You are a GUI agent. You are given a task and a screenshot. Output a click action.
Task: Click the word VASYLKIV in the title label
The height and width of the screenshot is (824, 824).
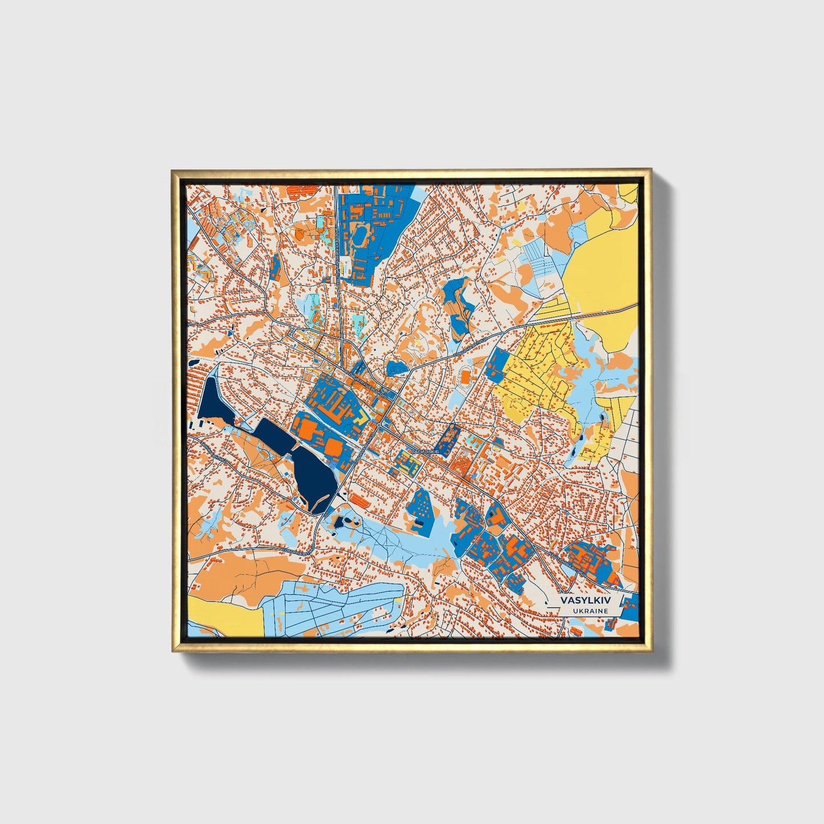pyautogui.click(x=584, y=600)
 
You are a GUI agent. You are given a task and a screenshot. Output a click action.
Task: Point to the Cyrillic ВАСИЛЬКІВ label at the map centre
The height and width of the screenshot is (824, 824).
pyautogui.click(x=424, y=451)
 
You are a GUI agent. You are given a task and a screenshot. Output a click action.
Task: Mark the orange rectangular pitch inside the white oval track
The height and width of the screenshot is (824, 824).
pyautogui.click(x=466, y=376)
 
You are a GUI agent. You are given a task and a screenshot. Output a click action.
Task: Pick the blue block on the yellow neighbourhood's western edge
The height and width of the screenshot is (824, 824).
pyautogui.click(x=498, y=365)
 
